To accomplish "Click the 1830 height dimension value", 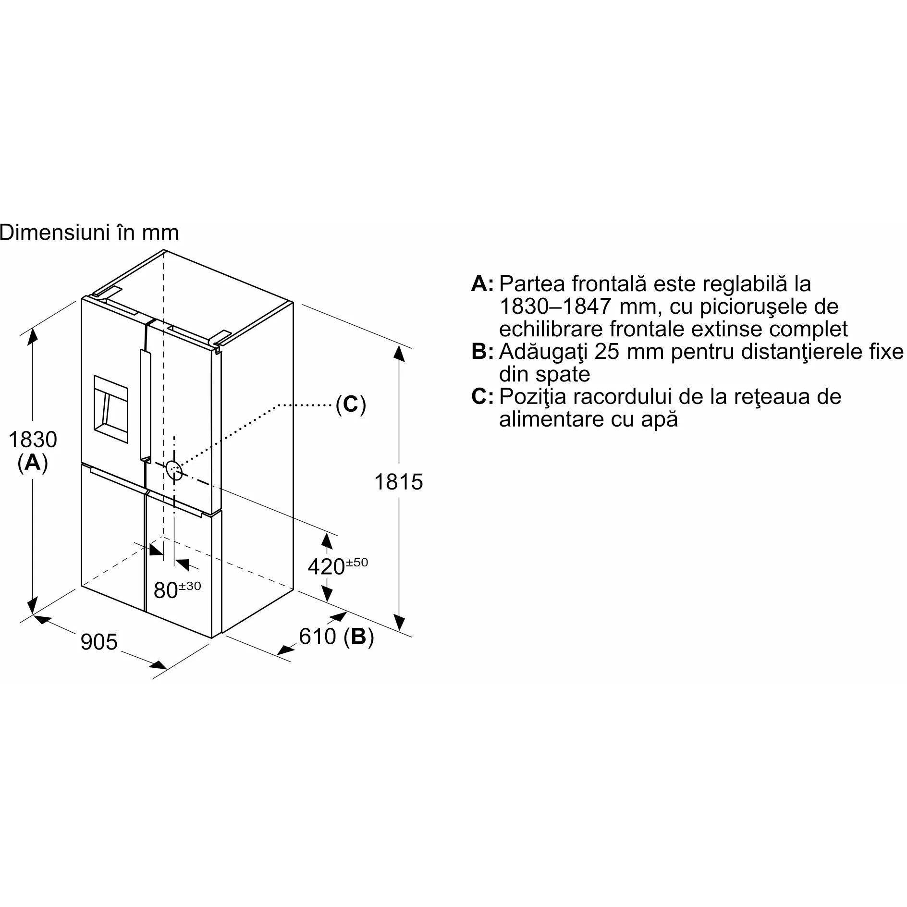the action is (x=33, y=440).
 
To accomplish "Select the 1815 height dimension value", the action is (x=398, y=482).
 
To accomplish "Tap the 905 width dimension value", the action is (x=99, y=642).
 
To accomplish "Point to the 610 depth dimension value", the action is (x=318, y=636).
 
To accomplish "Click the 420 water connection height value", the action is (x=326, y=567).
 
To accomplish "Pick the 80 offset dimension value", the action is (x=166, y=590).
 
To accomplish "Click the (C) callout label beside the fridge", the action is (x=351, y=404).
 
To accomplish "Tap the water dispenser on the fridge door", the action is (x=111, y=409).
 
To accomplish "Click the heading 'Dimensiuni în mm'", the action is (x=89, y=233).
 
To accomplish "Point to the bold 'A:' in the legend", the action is (x=482, y=283).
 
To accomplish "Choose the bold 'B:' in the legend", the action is (x=482, y=352).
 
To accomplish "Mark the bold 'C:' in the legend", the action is (x=482, y=396).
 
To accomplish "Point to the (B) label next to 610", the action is (x=359, y=637).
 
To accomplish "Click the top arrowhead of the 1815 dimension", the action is (x=398, y=353).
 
